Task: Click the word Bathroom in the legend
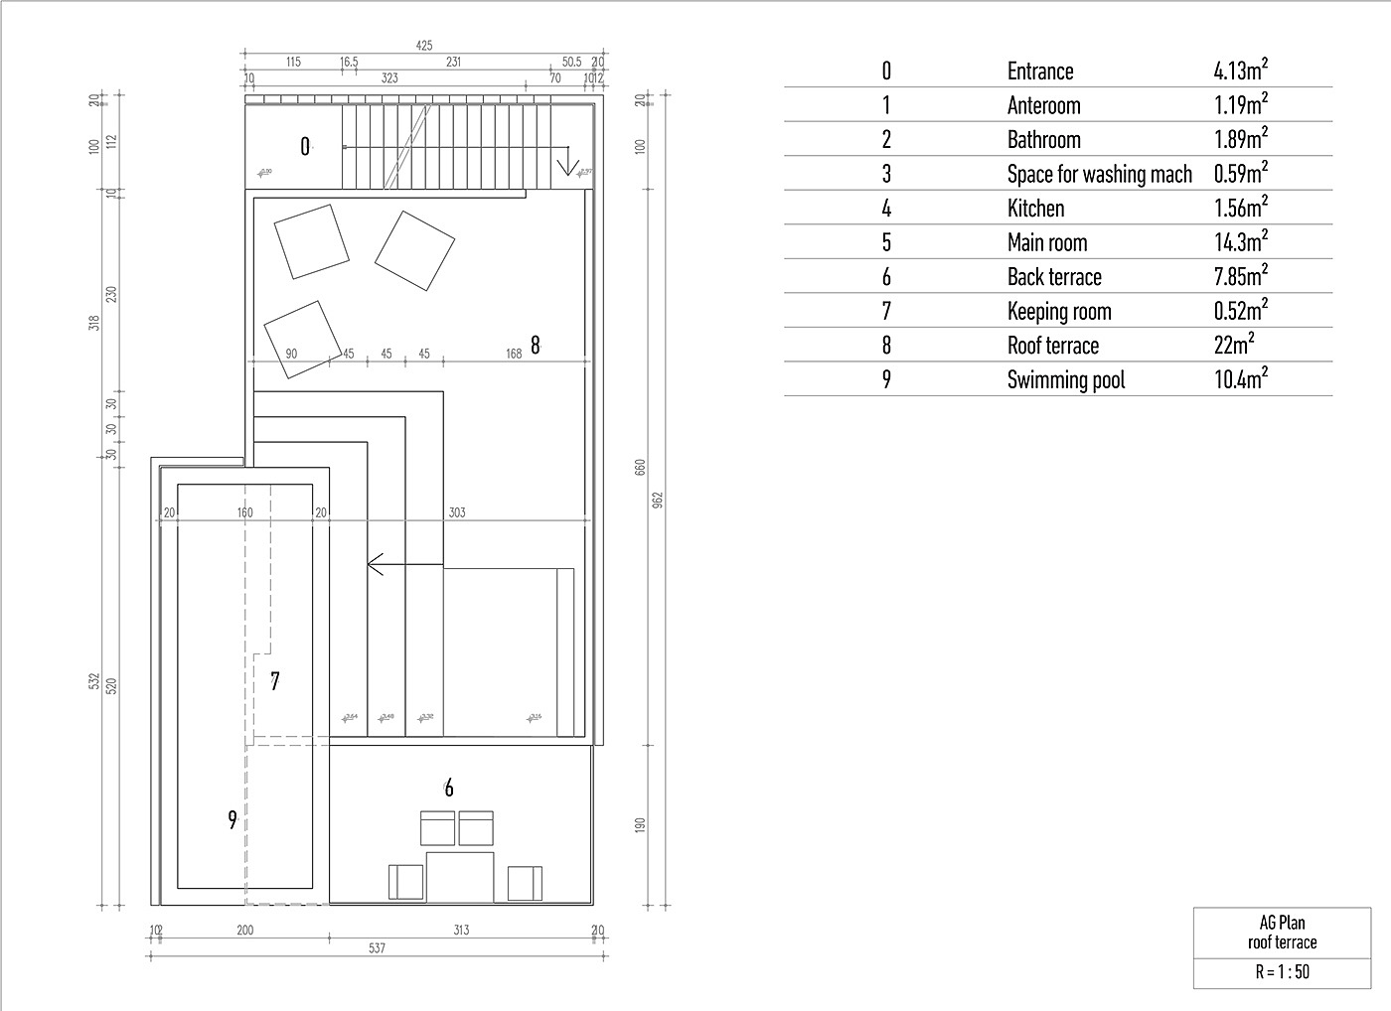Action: pos(1043,140)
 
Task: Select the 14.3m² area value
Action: pos(1240,242)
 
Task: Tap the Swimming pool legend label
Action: pos(1065,380)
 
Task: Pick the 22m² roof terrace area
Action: pos(1234,346)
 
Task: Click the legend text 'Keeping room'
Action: pos(1059,312)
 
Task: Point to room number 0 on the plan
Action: pos(305,147)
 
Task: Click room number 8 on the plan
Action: pos(536,345)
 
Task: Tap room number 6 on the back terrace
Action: pos(449,788)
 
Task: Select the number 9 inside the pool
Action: pos(232,819)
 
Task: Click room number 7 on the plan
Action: pos(275,680)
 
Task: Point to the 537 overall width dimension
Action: pos(377,948)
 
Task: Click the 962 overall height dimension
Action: pos(657,500)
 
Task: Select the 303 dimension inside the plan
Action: pos(456,512)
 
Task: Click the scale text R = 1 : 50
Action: pos(1282,972)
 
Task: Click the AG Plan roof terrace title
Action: pos(1282,933)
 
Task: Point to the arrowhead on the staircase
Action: pos(568,166)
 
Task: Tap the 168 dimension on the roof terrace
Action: pos(513,354)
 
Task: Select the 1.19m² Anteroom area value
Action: pos(1240,105)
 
